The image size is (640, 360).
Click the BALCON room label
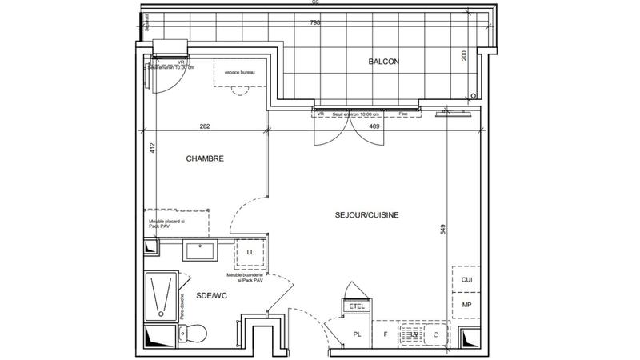(x=383, y=62)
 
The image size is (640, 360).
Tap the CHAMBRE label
(x=205, y=159)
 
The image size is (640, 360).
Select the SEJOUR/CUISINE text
(x=366, y=215)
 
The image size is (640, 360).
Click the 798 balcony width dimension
(x=315, y=23)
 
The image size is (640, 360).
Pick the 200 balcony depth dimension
(x=463, y=55)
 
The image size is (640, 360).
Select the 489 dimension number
(x=374, y=126)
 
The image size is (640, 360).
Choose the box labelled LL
(x=250, y=253)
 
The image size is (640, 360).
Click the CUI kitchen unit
(x=466, y=279)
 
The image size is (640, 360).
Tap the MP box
(x=466, y=305)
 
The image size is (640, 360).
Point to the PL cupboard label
(x=358, y=334)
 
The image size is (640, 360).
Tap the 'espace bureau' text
(x=239, y=73)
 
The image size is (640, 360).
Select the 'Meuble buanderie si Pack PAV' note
(x=246, y=278)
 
